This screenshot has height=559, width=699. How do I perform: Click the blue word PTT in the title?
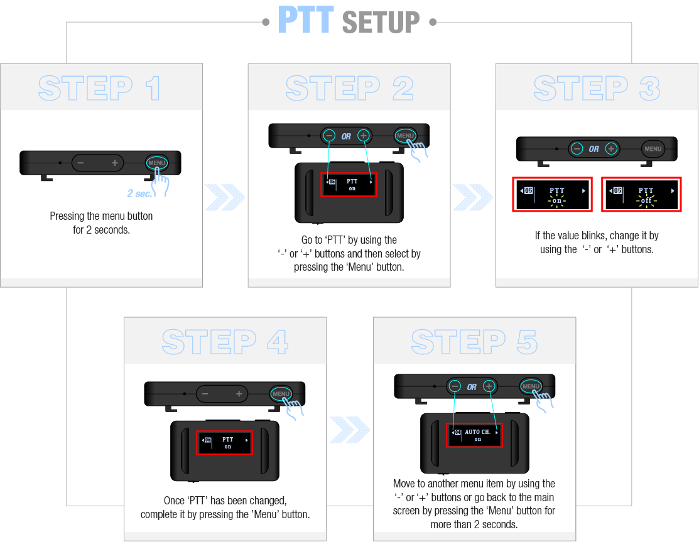pos(306,19)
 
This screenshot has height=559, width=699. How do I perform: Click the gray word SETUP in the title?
pos(381,22)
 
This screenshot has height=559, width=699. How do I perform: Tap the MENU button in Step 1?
pos(157,163)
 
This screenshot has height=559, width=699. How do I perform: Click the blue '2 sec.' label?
pos(139,193)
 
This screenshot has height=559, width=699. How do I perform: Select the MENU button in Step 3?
pos(653,149)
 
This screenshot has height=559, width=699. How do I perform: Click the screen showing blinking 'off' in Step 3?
pos(641,194)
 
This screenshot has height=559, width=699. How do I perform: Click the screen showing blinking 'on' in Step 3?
pos(552,194)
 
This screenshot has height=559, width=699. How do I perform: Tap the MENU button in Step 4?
pos(281,394)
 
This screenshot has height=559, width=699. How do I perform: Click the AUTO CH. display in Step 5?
pos(474,435)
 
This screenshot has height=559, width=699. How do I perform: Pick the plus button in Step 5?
pos(489,386)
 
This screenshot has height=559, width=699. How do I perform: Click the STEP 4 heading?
pos(225,342)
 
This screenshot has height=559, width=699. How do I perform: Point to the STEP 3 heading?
pos(597,88)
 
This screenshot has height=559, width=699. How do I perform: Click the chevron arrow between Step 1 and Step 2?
pos(225,197)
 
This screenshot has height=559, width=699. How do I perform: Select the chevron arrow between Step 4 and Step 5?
pos(350,430)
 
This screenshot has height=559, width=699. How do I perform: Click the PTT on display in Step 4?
pos(225,443)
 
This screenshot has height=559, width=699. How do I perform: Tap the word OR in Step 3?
pos(593,149)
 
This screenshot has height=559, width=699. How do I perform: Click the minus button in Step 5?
pos(455,386)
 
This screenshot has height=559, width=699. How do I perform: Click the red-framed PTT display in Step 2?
pos(349,185)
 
